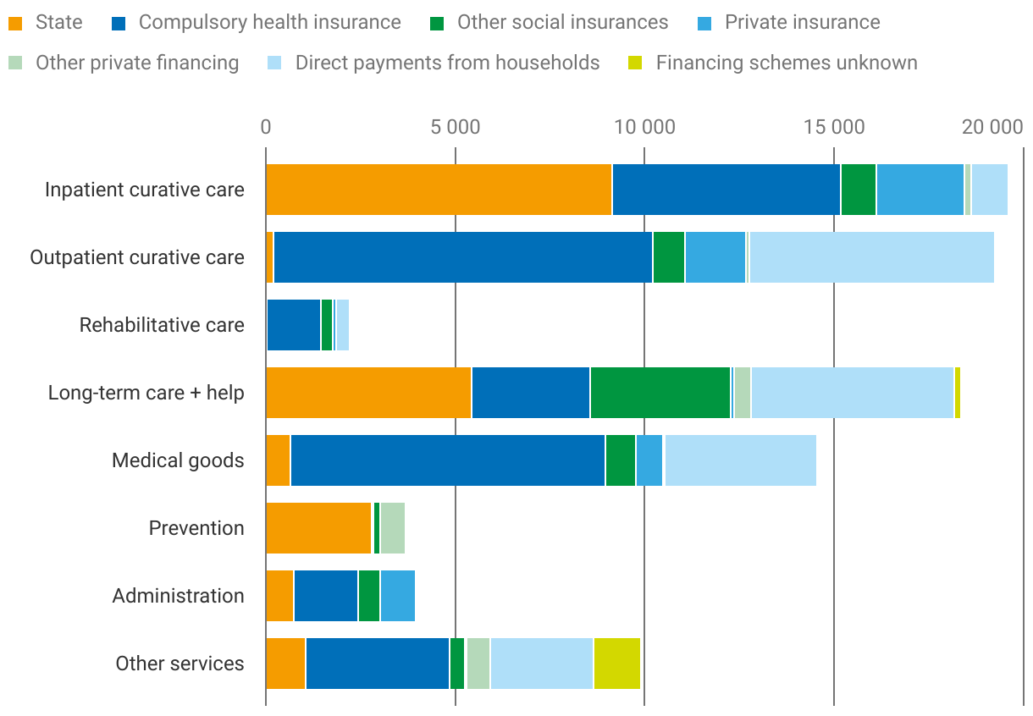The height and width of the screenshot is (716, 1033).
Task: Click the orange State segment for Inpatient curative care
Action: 439,190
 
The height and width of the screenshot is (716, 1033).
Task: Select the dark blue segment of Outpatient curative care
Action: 463,257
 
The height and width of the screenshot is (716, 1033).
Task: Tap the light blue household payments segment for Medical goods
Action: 740,460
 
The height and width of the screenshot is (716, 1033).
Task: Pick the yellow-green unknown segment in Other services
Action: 616,664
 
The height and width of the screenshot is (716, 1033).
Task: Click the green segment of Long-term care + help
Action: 660,393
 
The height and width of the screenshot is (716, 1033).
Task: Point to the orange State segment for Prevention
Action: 319,528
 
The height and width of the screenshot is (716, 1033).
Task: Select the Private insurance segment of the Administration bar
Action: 397,596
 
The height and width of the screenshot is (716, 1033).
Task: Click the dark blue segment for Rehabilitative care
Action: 294,325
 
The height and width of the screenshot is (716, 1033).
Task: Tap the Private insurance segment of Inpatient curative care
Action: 920,190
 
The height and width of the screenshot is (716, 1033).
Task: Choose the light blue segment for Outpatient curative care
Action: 871,257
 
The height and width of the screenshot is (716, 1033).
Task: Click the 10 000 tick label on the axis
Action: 644,128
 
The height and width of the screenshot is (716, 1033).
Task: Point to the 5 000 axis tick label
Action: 455,128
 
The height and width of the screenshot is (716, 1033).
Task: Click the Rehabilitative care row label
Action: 162,325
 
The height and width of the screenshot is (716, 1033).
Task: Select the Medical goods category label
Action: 178,460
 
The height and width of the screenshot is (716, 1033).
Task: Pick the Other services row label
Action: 180,664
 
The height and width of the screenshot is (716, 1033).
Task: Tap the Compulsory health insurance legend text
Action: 269,22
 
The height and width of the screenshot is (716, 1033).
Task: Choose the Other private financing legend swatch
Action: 15,63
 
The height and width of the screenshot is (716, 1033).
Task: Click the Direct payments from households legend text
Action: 447,63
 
